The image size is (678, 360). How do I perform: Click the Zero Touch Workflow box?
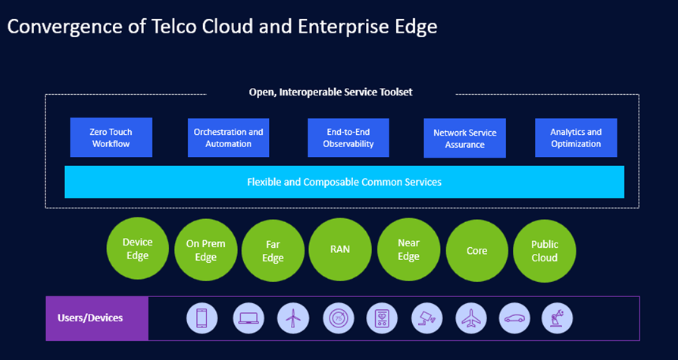[x=111, y=137]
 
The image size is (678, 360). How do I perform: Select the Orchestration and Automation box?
[x=228, y=137]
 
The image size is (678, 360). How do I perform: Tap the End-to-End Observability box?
[x=348, y=137]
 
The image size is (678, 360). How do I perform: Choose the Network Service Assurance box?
[x=464, y=138]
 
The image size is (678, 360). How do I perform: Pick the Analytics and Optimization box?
[x=576, y=137]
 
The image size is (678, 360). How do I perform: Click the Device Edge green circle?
[x=137, y=249]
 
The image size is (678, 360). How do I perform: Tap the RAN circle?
[x=340, y=249]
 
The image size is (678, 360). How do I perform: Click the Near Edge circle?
[x=408, y=249]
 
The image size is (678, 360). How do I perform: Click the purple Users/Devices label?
[x=97, y=318]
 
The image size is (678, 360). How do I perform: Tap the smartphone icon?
[x=202, y=318]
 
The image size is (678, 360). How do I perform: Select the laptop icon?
[x=248, y=318]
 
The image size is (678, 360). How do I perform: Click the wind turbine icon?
[x=292, y=318]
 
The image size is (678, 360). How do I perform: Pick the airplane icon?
[x=471, y=318]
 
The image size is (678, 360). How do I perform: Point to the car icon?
[x=515, y=318]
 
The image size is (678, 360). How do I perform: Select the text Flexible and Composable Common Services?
[x=344, y=182]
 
